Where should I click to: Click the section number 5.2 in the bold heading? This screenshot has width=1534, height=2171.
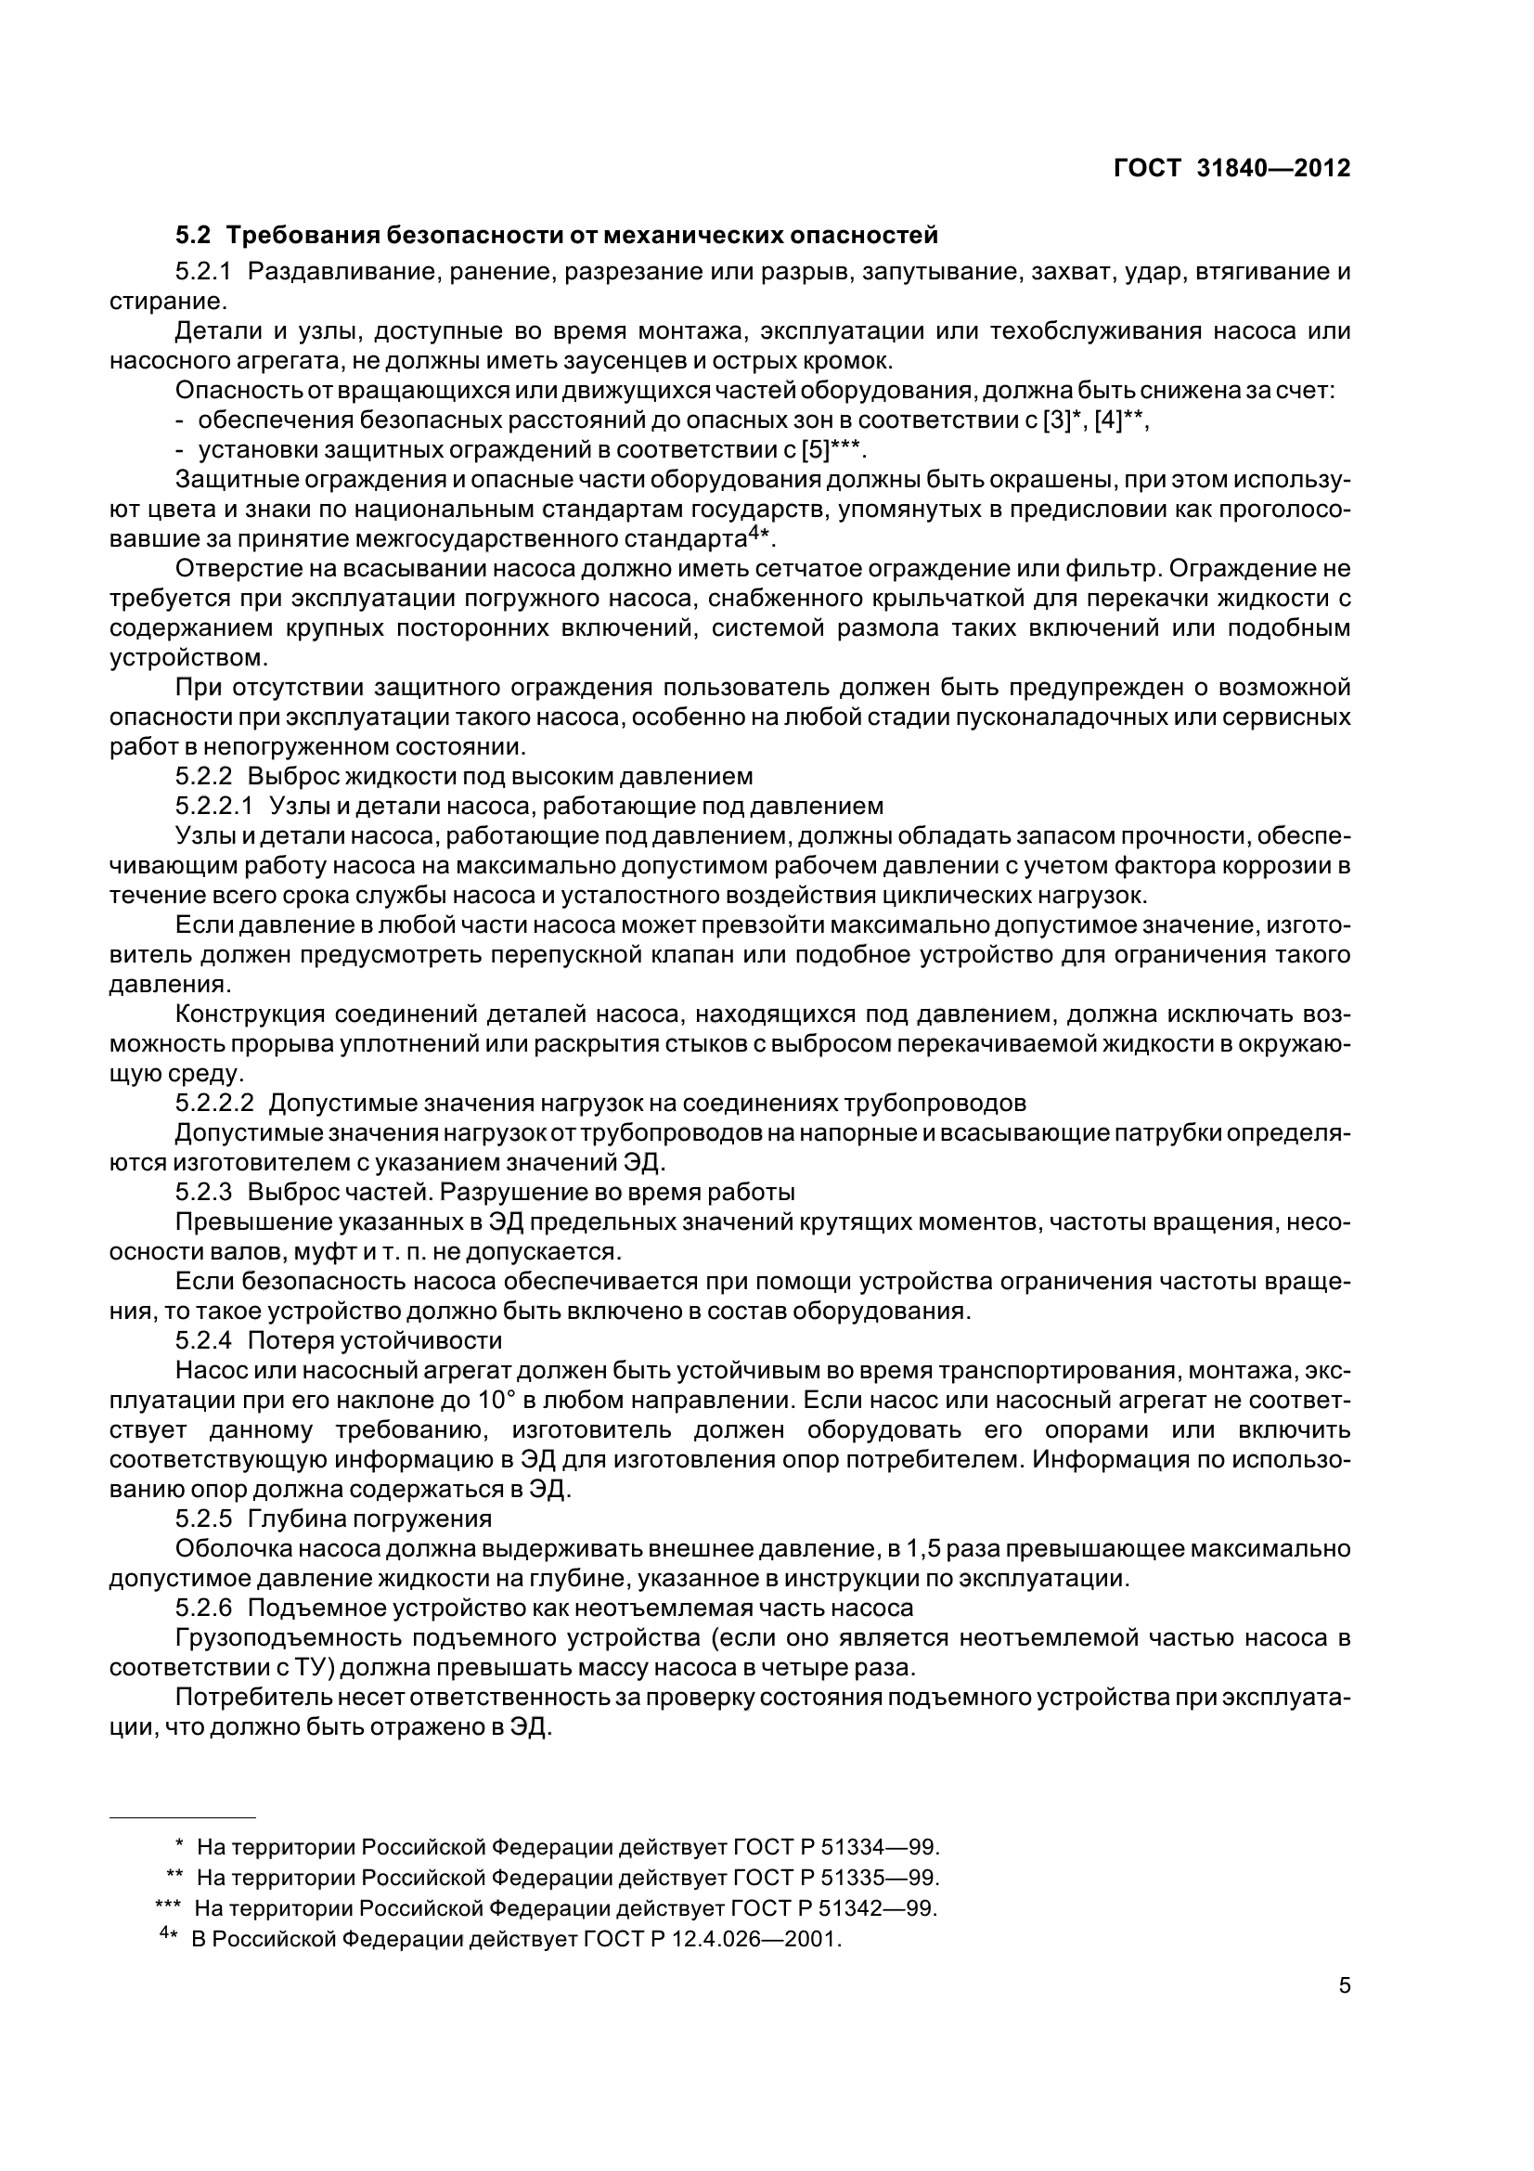[193, 234]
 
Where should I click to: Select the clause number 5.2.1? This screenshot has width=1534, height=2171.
[203, 272]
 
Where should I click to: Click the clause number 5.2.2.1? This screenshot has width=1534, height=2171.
[214, 806]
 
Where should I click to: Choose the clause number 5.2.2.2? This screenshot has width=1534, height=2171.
[214, 1103]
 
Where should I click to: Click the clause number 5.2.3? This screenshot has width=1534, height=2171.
[203, 1192]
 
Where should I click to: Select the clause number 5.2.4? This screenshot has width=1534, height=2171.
[203, 1340]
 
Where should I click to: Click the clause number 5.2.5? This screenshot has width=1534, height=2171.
[203, 1518]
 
